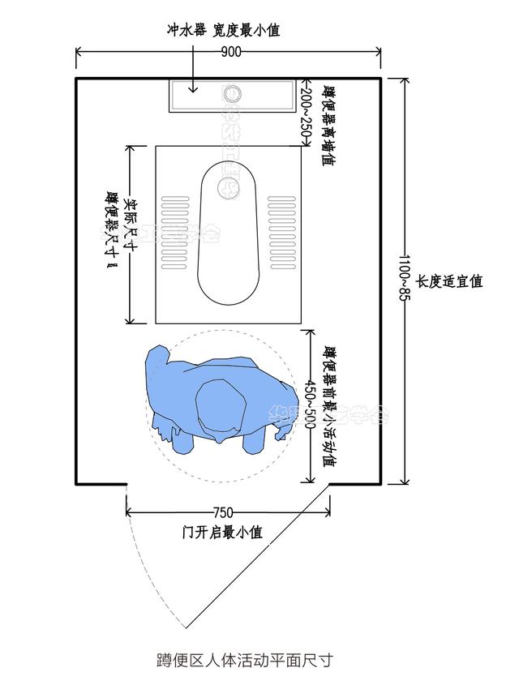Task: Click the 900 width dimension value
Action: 231,53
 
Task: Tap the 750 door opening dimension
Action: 223,512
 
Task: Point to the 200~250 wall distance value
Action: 306,114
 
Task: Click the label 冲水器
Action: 187,30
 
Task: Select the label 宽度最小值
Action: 247,30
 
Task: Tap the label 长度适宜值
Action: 449,281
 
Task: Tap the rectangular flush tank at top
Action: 230,96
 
